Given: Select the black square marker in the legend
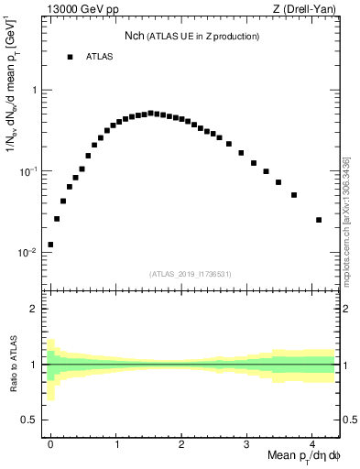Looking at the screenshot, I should (70, 57).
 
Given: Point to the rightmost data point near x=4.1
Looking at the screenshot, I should (319, 220).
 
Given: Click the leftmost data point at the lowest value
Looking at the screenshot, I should (50, 245).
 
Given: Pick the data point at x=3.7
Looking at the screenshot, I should (294, 195).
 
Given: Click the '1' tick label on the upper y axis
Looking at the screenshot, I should (34, 91).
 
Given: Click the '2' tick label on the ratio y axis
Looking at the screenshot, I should (34, 310).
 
